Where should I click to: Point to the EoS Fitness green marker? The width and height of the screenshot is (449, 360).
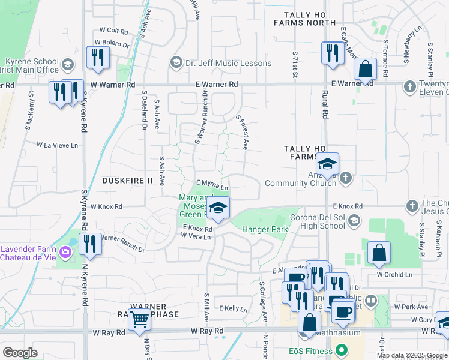342,349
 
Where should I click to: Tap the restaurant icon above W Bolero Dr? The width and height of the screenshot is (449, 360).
97,57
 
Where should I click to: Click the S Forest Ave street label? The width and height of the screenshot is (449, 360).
243,132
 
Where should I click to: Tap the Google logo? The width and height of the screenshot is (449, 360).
20,353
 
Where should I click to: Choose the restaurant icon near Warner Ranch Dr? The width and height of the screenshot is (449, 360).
90,244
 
